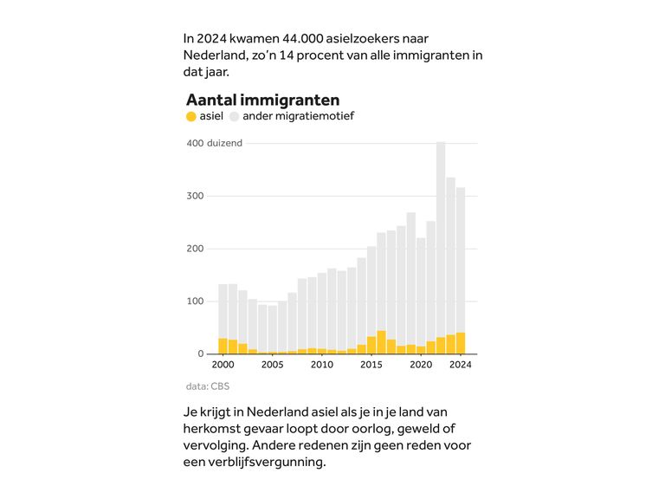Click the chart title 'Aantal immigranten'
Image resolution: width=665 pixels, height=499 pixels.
coord(262,100)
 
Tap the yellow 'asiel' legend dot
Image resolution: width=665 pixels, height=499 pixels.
coord(191,116)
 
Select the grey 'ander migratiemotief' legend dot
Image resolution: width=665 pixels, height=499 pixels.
coord(235,116)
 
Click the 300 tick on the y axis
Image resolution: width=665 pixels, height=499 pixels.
coord(195,196)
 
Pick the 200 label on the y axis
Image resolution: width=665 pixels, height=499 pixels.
coord(195,249)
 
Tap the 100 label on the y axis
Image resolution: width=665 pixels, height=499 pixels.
coord(195,301)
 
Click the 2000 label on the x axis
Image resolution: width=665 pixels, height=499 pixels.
coord(223,365)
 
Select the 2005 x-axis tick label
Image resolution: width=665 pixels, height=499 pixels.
coord(273,365)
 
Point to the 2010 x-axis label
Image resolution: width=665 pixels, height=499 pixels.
coord(322,365)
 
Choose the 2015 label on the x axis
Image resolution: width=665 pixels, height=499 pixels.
coord(371,365)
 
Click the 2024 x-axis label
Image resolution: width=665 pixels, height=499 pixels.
coord(461,365)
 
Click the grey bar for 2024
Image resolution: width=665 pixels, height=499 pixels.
coord(461,260)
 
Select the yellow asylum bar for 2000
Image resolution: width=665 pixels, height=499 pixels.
coord(223,346)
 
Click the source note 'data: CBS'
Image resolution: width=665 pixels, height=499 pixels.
coord(208,386)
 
